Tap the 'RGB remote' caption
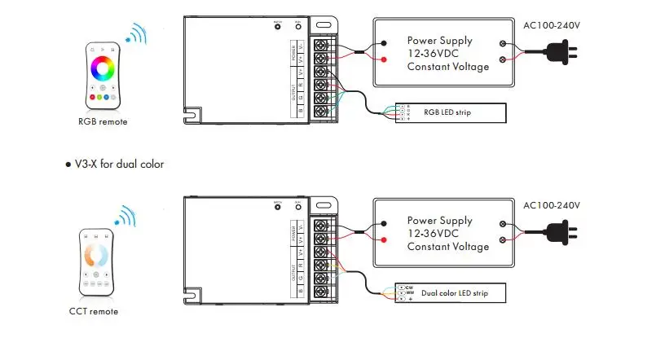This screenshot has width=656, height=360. [103, 121]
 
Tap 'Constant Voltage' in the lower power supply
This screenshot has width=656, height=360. [448, 247]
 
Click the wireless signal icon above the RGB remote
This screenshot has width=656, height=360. [135, 34]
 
